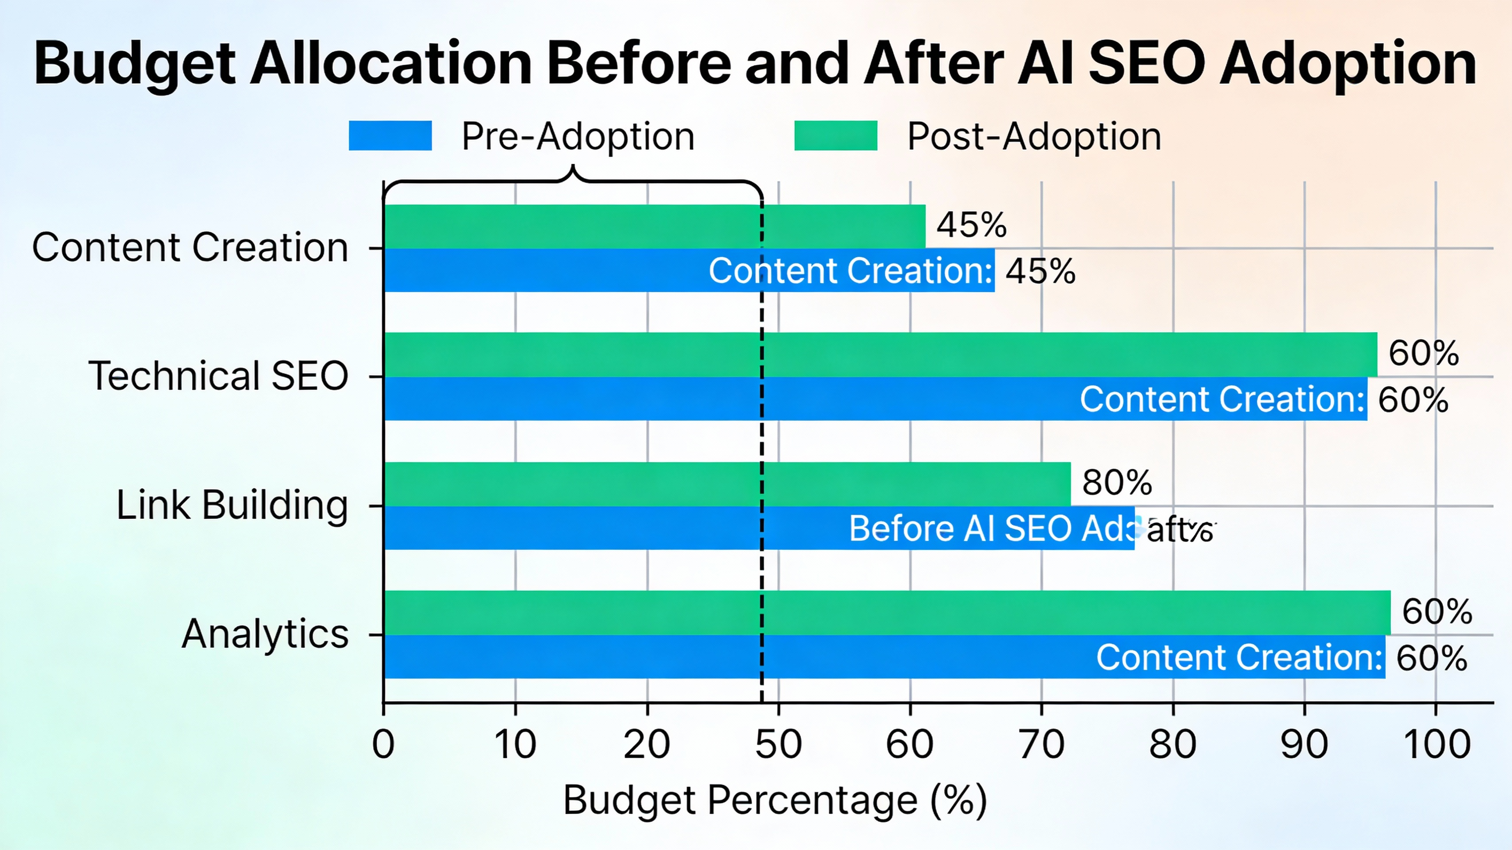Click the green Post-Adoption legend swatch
[x=835, y=135]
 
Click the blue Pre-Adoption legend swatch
[x=390, y=135]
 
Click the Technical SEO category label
[x=218, y=376]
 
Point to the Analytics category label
[x=265, y=634]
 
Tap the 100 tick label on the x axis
[x=1436, y=744]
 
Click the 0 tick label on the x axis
[x=383, y=744]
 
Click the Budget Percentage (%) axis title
[x=775, y=800]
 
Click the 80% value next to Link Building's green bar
[x=1116, y=483]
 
